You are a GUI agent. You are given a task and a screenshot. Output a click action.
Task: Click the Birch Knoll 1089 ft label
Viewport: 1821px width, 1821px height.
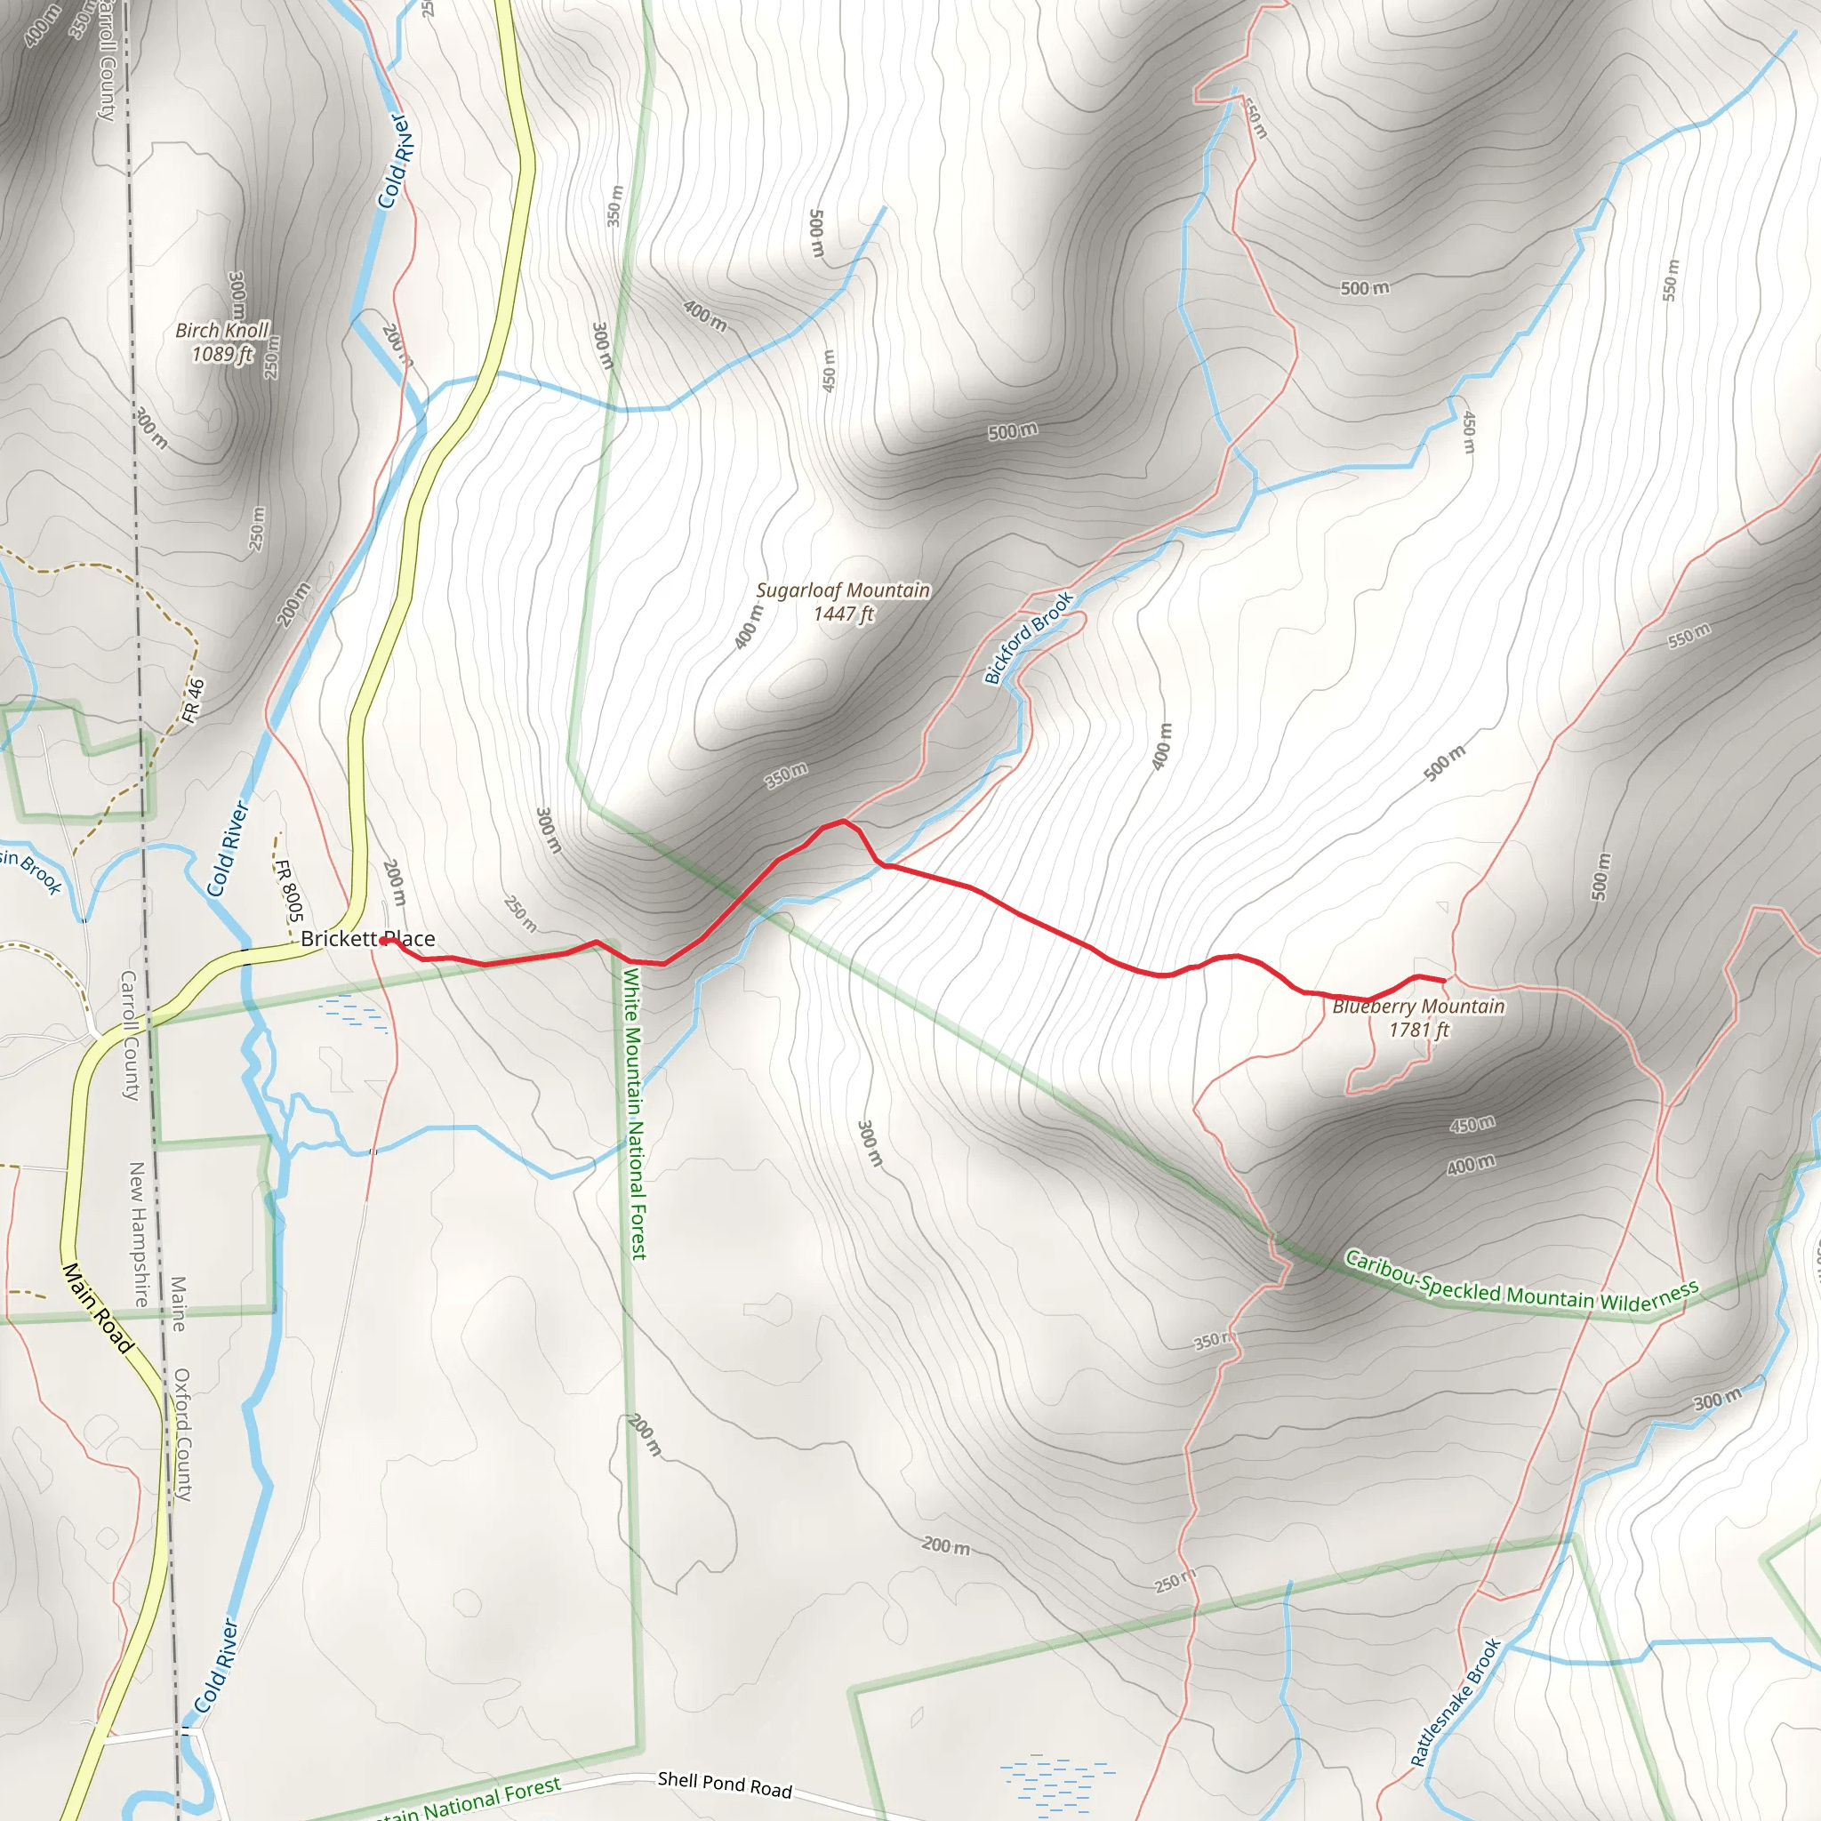(x=222, y=342)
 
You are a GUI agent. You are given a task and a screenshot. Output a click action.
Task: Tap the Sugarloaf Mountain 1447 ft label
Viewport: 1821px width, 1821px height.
(x=843, y=601)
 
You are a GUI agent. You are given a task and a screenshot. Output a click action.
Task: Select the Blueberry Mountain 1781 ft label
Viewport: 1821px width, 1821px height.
(x=1417, y=1018)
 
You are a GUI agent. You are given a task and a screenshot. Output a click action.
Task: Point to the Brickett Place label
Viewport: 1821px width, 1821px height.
(x=367, y=939)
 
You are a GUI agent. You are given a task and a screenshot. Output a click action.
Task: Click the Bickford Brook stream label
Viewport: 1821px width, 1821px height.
(x=1029, y=638)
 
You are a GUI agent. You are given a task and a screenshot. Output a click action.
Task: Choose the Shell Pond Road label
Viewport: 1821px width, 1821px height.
(x=724, y=1785)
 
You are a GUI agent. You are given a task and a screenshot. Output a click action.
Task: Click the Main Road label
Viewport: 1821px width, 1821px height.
(x=97, y=1308)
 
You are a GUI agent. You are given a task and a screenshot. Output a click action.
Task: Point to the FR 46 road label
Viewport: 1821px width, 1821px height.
(x=193, y=702)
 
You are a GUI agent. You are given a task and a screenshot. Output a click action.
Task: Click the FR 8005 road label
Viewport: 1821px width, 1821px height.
(x=288, y=890)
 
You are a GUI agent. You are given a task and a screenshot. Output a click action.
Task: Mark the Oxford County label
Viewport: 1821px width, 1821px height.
(x=183, y=1434)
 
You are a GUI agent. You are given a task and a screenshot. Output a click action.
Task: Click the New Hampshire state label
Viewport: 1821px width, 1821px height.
(x=138, y=1235)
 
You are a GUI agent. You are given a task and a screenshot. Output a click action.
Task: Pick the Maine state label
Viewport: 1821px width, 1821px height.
(x=177, y=1304)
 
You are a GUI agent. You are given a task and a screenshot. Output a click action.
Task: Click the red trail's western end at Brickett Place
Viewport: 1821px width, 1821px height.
(x=382, y=941)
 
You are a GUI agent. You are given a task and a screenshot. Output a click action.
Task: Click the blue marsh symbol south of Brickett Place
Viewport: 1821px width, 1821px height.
(x=354, y=1012)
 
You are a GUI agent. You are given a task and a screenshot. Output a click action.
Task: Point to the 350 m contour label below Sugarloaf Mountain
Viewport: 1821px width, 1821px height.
(x=785, y=774)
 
